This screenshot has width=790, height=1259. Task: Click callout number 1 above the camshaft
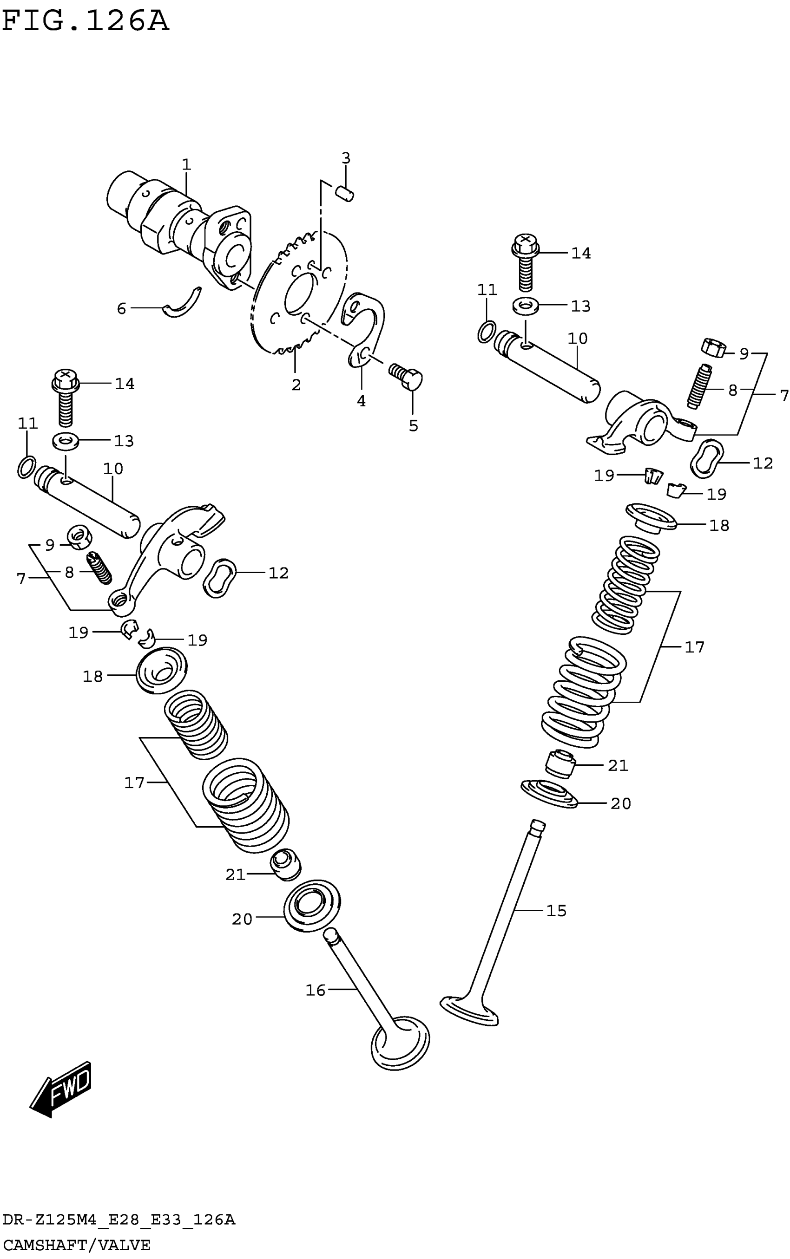pyautogui.click(x=186, y=164)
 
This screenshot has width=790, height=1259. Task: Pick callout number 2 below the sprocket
pyautogui.click(x=296, y=385)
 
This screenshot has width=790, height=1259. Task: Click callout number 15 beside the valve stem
pyautogui.click(x=556, y=911)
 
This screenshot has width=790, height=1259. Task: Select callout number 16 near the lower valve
pyautogui.click(x=316, y=990)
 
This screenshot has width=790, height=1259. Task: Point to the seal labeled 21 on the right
pyautogui.click(x=560, y=764)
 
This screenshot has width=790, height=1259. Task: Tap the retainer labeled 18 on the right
pyautogui.click(x=651, y=517)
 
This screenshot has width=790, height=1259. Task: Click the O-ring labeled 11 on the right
pyautogui.click(x=487, y=332)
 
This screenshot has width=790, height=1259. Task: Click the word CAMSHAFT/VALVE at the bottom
pyautogui.click(x=76, y=1245)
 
